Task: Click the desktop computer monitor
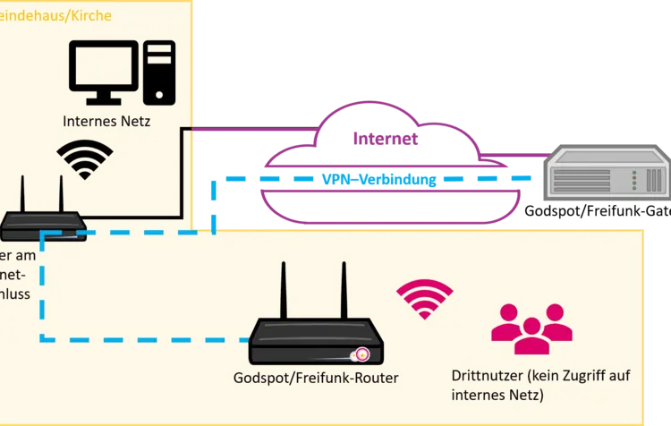[106, 66]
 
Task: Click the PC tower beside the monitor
[160, 73]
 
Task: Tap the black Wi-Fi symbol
[85, 159]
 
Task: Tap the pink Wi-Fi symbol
[425, 300]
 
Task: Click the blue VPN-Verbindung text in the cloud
[380, 181]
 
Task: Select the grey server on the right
[607, 174]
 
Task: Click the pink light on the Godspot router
[362, 354]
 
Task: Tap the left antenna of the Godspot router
[284, 291]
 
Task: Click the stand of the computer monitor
[106, 97]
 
